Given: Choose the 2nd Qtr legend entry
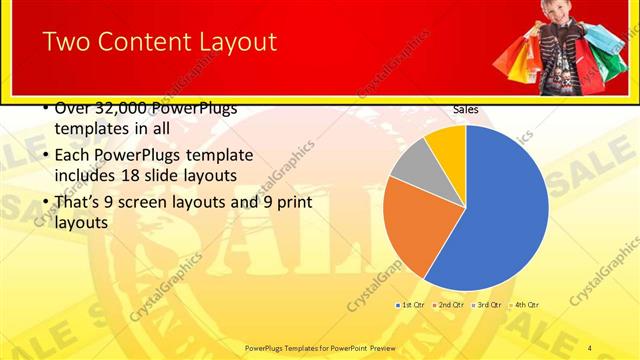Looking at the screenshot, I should (449, 304).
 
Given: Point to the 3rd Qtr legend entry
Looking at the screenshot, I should (487, 304).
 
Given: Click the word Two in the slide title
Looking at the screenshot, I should (68, 42).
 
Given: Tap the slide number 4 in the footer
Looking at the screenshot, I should (590, 347).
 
